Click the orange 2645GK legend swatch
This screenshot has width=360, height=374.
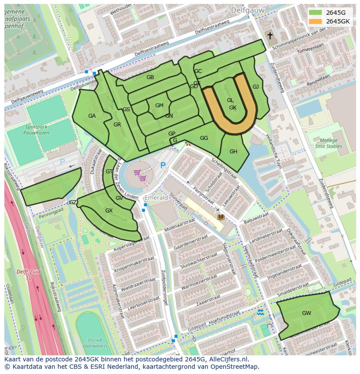click(x=316, y=21)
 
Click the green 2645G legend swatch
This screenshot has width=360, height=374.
click(x=316, y=13)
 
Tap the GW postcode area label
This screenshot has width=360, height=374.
click(x=307, y=313)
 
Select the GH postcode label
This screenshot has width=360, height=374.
click(x=233, y=152)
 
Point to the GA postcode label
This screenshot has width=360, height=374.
click(x=92, y=116)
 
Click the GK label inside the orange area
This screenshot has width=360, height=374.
click(x=233, y=108)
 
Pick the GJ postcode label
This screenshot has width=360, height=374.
click(x=256, y=87)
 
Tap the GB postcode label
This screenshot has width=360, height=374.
click(x=150, y=77)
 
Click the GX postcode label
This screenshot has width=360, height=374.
click(x=109, y=211)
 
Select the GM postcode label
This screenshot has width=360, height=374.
click(x=159, y=106)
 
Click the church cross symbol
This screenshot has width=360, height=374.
click(x=270, y=36)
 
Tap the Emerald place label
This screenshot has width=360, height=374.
click(x=156, y=198)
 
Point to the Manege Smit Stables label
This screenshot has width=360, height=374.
click(x=328, y=143)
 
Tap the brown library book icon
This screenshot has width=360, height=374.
click(x=221, y=216)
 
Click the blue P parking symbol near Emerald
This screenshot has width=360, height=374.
click(x=163, y=165)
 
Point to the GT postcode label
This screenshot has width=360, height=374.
click(x=109, y=172)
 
